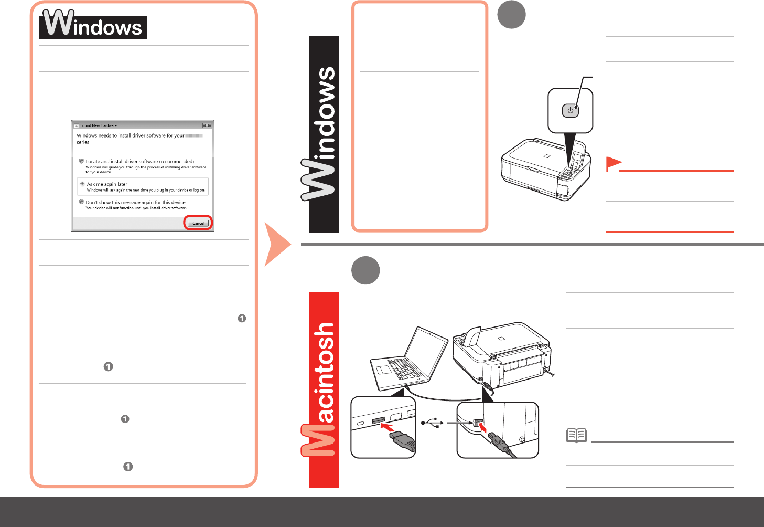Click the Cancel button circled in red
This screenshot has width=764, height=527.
(198, 223)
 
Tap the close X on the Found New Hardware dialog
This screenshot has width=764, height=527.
(207, 125)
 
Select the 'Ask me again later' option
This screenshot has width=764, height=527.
(107, 184)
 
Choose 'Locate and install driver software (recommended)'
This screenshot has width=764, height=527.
(139, 162)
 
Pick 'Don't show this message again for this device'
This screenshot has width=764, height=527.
(135, 202)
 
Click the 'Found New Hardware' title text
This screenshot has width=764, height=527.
(99, 125)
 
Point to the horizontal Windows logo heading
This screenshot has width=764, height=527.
(93, 25)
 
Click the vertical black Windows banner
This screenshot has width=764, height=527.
(324, 134)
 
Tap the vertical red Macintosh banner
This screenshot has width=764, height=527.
(324, 389)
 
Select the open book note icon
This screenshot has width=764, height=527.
(576, 435)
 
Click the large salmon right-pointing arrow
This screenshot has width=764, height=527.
(277, 244)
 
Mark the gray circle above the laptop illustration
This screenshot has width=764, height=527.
(365, 270)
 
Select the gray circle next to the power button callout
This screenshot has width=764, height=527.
(511, 15)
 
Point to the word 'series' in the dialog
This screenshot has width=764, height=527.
(83, 142)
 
